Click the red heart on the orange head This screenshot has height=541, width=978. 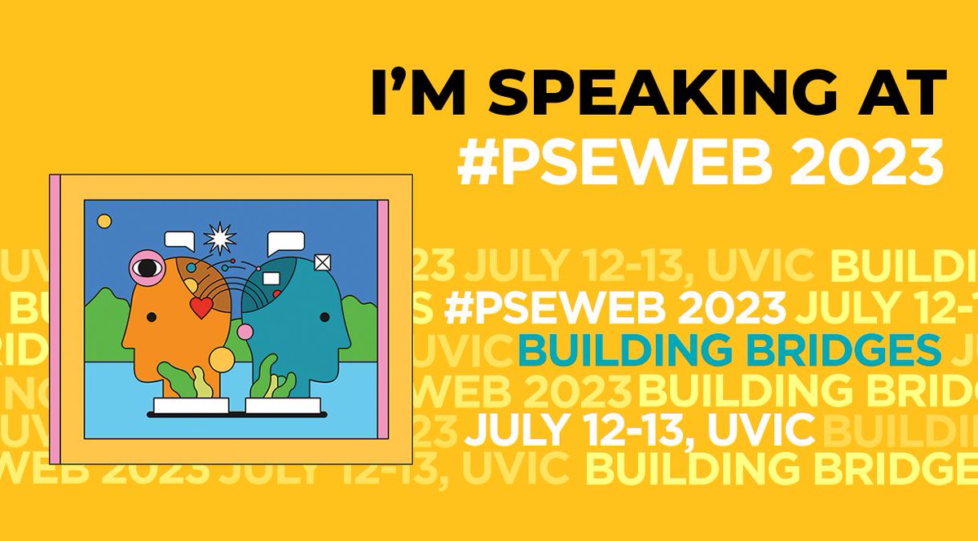(x=200, y=307)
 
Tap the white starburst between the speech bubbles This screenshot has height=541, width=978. (x=220, y=239)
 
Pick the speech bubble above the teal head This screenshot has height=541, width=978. (x=285, y=241)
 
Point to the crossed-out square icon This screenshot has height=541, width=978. (x=324, y=262)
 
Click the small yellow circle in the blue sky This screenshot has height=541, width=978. (x=104, y=221)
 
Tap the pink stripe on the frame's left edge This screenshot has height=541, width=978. (x=55, y=319)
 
